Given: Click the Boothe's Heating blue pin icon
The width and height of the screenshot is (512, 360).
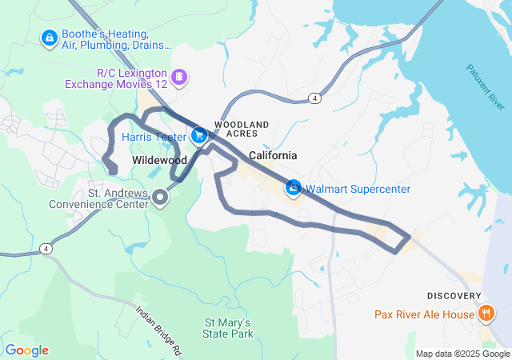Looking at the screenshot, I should point(50,37).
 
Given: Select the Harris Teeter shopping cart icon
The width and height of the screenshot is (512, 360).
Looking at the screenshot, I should point(198,137).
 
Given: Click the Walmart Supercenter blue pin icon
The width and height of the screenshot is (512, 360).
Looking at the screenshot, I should point(294,189).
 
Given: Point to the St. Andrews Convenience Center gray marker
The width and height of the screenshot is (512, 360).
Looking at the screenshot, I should point(161,197).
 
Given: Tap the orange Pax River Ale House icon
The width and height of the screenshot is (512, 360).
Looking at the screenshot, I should point(485,314).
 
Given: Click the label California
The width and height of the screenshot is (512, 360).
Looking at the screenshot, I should point(273,155).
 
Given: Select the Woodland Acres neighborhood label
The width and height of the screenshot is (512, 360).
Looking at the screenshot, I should point(242,130).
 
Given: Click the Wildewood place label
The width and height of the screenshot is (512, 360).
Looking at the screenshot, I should point(158,161).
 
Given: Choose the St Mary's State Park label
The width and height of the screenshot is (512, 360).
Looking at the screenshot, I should point(229,327).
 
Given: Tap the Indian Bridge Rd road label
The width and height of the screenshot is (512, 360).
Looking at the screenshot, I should point(159,330).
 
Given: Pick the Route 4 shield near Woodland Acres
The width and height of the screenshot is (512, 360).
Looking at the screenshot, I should point(316,98).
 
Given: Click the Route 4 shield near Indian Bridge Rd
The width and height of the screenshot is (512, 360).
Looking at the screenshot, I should point(47,250).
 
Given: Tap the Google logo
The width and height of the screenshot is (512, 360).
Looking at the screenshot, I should point(26,350).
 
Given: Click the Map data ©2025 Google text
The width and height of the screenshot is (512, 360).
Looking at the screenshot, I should point(462,354).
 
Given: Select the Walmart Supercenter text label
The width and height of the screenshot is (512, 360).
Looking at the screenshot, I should point(358,189).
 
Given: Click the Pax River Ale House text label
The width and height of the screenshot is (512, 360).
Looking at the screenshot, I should point(424,314).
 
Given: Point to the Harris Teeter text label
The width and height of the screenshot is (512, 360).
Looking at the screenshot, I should point(154,137).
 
